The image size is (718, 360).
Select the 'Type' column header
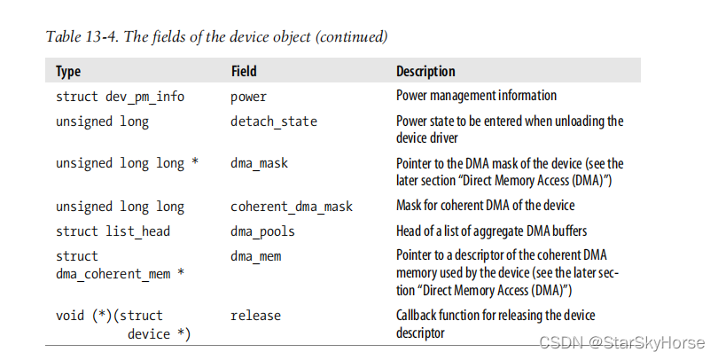69,72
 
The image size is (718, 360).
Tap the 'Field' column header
245,72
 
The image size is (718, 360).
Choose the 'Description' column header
425,72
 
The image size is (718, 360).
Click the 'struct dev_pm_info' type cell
120,97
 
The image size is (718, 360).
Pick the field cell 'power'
248,97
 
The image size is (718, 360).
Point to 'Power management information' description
476,96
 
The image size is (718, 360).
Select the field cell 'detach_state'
273,121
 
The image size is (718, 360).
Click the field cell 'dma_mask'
259,164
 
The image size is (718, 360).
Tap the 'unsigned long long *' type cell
127,164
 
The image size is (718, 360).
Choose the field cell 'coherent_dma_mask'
292,207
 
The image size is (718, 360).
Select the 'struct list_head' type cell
113,231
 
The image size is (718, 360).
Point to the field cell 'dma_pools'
262,231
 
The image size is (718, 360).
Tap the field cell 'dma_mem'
255,256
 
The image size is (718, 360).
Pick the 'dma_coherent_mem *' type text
120,273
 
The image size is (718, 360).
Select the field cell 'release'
255,316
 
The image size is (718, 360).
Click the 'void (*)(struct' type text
109,316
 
